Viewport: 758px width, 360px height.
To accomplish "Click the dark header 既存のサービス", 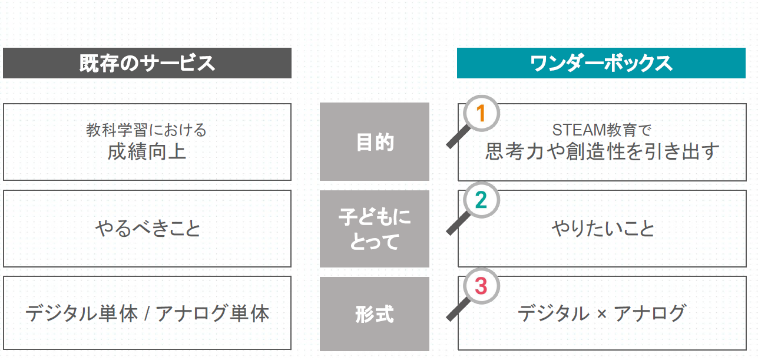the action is coord(147,63).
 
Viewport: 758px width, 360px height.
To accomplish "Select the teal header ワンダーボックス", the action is coord(601,63).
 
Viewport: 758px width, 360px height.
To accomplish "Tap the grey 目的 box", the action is coord(374,141).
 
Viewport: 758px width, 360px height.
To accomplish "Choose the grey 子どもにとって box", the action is coord(374,229).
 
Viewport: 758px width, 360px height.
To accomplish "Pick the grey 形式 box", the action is coord(374,314).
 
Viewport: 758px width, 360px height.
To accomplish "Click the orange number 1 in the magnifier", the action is coord(481,113).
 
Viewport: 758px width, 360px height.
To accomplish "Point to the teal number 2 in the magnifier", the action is coord(481,200).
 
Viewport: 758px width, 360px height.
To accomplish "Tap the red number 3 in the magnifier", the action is coord(481,286).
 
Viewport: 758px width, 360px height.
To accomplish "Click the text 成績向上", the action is coord(147,151).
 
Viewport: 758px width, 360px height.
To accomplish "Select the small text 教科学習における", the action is coord(146,130).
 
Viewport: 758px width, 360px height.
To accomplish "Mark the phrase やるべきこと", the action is coord(148,228).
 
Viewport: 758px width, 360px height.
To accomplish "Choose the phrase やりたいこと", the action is coord(603,228).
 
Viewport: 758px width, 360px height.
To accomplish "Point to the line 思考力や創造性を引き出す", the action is coord(602,151).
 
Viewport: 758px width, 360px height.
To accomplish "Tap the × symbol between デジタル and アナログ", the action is coord(602,314).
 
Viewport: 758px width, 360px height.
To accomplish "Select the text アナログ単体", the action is coord(213,313).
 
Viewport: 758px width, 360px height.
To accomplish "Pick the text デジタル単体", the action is coord(81,313).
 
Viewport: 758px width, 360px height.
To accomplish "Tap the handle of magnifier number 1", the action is coord(458,137).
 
